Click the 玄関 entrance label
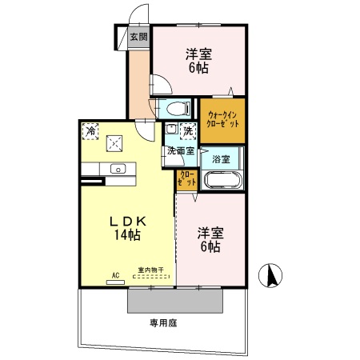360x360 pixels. tap(138, 37)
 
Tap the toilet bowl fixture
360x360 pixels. tap(175, 107)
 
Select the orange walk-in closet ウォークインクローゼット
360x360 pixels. tap(222, 120)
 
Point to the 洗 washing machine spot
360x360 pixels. tap(188, 130)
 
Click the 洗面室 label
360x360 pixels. tap(180, 150)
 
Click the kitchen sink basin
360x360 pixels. tap(118, 169)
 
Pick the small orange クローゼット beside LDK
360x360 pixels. tap(187, 178)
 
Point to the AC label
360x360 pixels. tap(115, 277)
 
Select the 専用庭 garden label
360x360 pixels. tap(162, 323)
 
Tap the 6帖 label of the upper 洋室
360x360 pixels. tap(198, 69)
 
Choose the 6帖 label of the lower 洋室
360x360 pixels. tap(210, 247)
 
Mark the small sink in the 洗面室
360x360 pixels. tap(172, 129)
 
